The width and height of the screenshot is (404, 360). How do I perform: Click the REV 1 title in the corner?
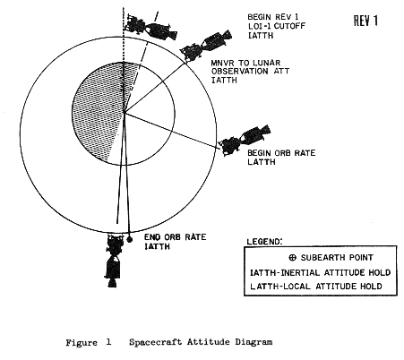point(365,21)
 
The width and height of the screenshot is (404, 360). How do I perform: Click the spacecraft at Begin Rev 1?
point(151,28)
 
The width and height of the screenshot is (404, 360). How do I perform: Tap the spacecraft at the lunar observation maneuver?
point(205,46)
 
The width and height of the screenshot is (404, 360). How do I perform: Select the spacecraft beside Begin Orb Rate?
point(245,141)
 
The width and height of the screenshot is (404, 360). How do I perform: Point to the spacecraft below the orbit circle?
point(113,261)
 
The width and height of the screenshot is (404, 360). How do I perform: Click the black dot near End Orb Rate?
point(129,239)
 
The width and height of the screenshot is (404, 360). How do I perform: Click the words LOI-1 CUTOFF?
point(277,26)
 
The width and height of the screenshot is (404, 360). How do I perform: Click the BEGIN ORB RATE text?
point(281,153)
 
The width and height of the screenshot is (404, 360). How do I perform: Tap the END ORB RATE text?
point(176,237)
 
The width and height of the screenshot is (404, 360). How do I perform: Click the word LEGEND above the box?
point(264,241)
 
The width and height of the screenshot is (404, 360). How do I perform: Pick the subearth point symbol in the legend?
point(293,257)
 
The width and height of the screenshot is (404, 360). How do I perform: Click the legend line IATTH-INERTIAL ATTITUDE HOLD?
point(320,272)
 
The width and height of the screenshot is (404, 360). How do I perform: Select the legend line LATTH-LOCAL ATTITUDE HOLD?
point(316,287)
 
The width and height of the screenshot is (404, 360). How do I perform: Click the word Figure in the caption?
point(82,342)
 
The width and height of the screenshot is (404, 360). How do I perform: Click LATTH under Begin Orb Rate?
point(262,162)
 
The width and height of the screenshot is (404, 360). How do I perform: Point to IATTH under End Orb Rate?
point(157,246)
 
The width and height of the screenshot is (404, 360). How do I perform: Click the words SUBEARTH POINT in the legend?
point(337,257)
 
